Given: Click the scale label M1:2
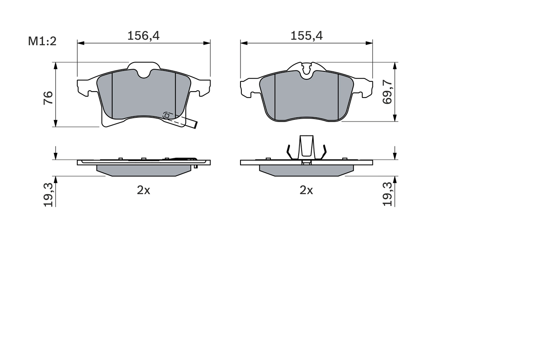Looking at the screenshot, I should point(42,41).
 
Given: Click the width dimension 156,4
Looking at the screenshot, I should point(143,36).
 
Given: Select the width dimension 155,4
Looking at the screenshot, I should point(306,36).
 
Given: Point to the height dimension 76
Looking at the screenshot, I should point(48,98).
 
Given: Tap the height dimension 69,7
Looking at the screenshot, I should point(387,93).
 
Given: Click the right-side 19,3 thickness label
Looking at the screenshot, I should point(387,195).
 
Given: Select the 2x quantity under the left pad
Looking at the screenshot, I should point(143,190).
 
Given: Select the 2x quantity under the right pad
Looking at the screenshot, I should point(306,190).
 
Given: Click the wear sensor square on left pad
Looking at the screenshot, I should point(167,115).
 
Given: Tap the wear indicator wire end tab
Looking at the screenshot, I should point(194,124).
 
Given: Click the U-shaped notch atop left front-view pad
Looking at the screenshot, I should point(144,73).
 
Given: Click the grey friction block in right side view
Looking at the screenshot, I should point(306,170).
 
